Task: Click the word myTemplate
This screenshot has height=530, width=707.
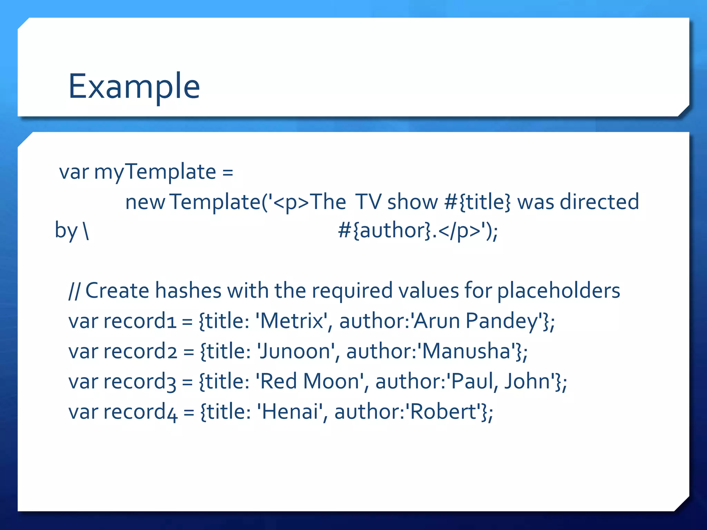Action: point(155,171)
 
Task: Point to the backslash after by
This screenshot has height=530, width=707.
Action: point(86,230)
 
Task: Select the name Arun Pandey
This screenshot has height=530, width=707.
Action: point(476,321)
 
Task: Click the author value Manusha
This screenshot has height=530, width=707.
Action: point(466,351)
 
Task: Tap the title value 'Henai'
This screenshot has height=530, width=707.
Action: point(290,412)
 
